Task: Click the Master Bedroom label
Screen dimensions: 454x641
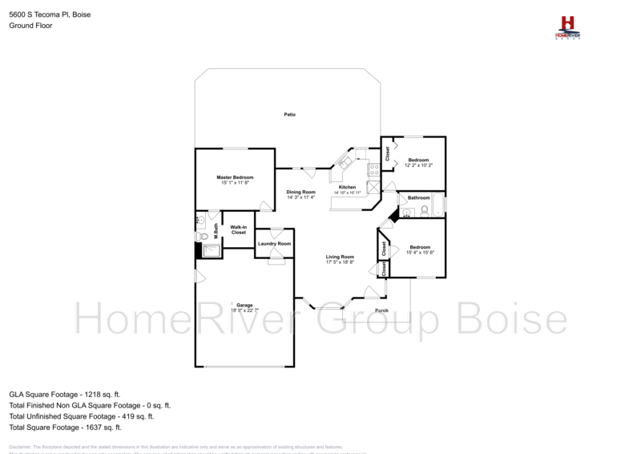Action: (235, 176)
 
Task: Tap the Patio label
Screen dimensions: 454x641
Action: (289, 115)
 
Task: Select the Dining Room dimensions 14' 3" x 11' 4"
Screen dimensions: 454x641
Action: (301, 198)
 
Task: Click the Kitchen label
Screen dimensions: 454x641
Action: (347, 187)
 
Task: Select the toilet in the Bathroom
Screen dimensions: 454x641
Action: (424, 212)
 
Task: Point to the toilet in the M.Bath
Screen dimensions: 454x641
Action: (200, 236)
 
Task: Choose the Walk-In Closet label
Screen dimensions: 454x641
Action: (238, 229)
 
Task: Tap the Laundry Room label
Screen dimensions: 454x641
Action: (274, 243)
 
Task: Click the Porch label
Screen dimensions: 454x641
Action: (381, 310)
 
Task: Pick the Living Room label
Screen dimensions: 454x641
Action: (340, 257)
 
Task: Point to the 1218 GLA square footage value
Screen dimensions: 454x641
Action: (106, 395)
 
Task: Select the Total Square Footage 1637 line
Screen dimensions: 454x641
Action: (64, 428)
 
